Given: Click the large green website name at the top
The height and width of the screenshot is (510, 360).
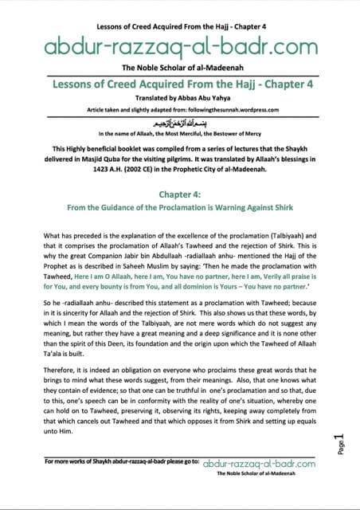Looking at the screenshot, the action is coord(180,45).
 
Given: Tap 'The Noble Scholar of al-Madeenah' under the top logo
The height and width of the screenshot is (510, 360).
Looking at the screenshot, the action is coord(180,68).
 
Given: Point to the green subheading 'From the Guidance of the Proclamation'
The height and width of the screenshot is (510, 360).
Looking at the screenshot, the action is coord(180,207).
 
